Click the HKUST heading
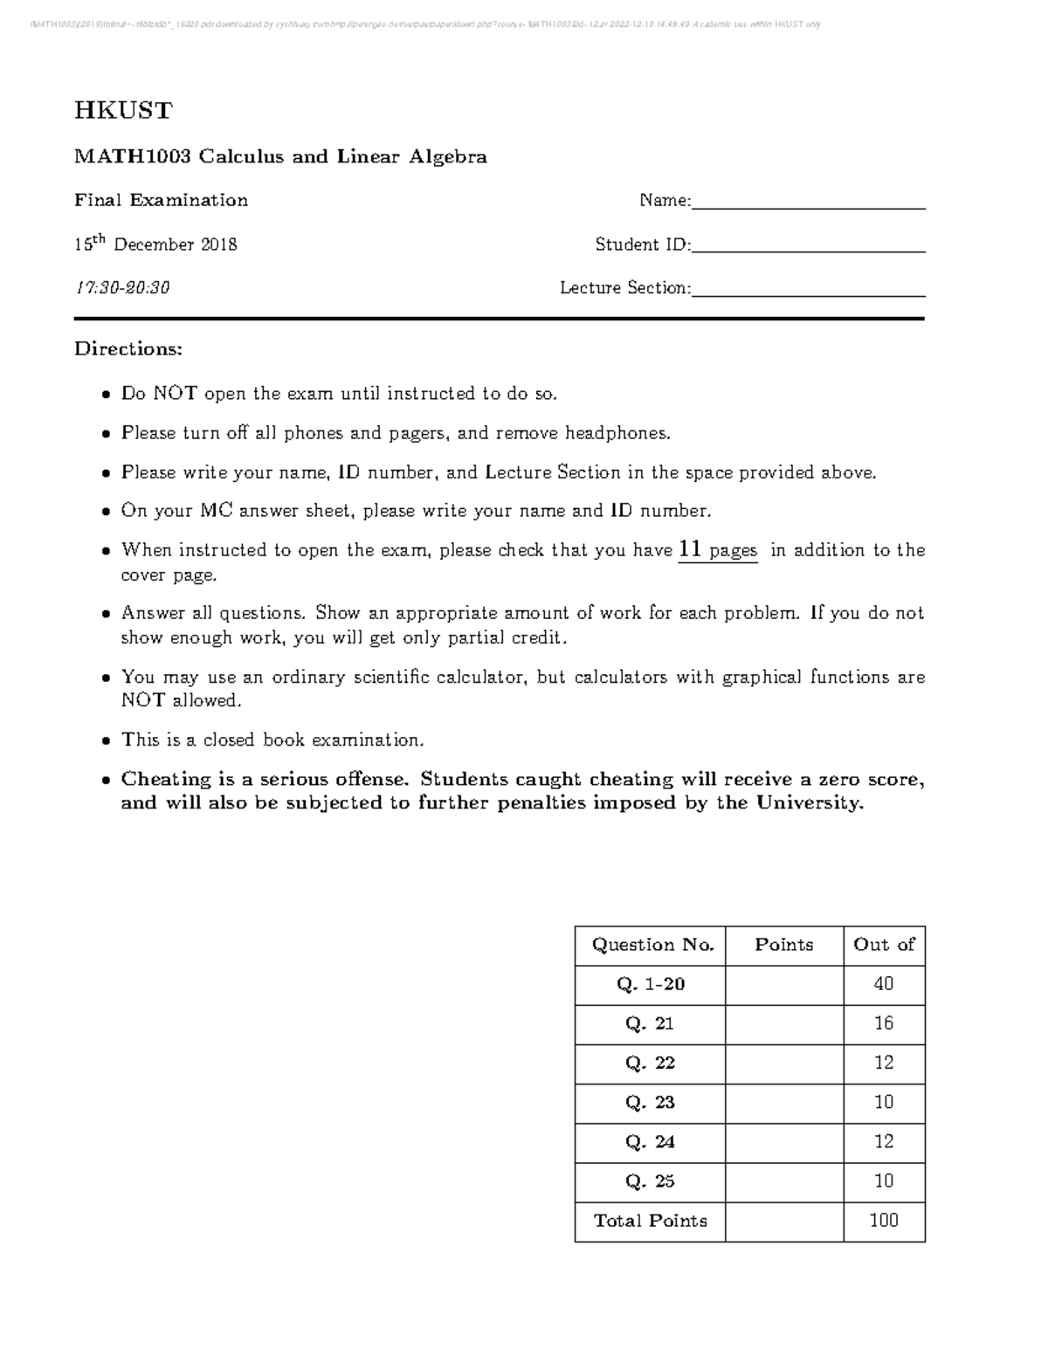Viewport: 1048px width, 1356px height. pos(123,111)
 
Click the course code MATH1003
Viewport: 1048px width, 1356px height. pos(132,157)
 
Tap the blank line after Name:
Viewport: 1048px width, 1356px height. pos(808,206)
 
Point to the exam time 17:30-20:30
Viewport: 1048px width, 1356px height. pos(122,288)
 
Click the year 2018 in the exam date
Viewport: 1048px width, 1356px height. pos(219,244)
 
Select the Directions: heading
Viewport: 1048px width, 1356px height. pos(128,349)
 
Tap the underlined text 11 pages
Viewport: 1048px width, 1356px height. pos(718,550)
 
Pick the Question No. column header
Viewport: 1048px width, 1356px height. pos(652,945)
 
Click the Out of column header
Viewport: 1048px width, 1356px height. pos(884,945)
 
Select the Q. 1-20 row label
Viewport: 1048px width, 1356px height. pos(651,984)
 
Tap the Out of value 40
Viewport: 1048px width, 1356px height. pos(884,984)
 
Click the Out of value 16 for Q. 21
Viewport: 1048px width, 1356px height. pos(884,1023)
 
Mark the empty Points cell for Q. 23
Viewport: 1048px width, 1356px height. pos(783,1103)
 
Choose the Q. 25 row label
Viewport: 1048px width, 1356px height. pos(651,1181)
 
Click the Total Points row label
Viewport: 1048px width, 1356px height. pos(651,1221)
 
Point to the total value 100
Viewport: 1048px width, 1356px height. pos(884,1221)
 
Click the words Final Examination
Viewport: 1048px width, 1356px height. pos(162,201)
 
